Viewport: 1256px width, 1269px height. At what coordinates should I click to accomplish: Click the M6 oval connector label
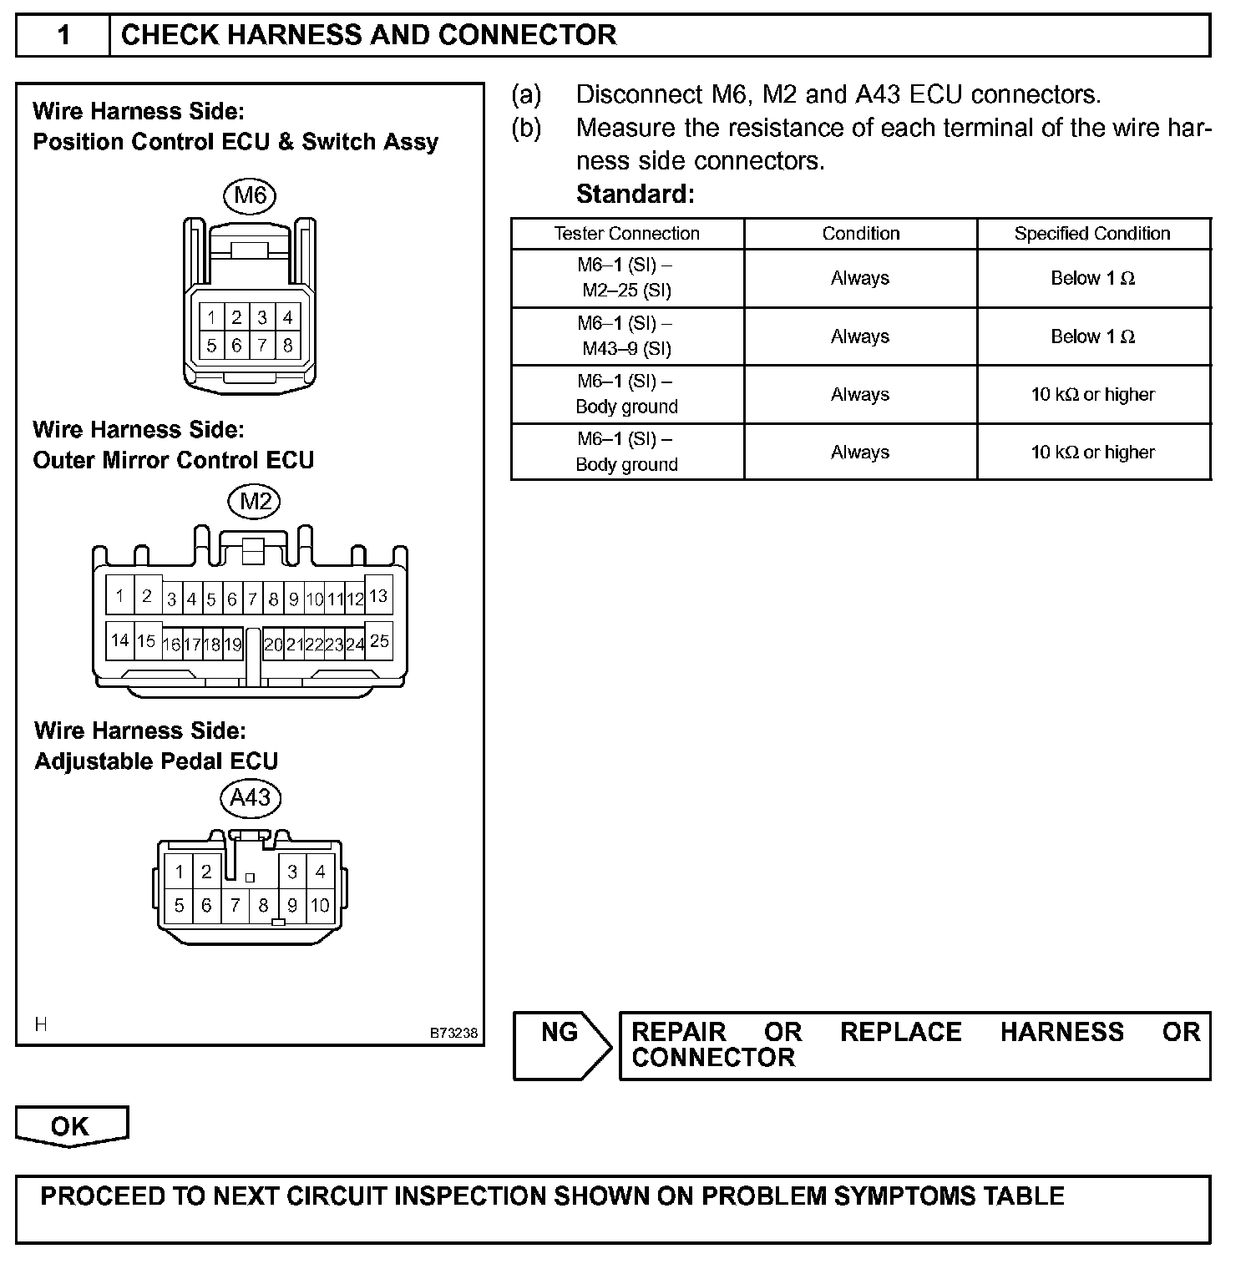[x=250, y=195]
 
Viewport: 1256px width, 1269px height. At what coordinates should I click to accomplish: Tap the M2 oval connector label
[x=256, y=501]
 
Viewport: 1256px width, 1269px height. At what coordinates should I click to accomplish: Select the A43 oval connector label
[x=250, y=797]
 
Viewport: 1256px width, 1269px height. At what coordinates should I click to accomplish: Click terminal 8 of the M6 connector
[x=288, y=345]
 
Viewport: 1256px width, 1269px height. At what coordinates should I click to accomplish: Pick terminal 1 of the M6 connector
[x=212, y=317]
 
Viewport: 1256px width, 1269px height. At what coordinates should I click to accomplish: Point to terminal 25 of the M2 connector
[x=379, y=640]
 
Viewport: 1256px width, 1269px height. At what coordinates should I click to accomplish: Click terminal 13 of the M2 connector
[x=378, y=596]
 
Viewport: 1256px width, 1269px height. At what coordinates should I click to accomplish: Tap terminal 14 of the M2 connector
[x=120, y=640]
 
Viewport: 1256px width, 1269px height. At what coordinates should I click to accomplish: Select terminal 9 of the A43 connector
[x=292, y=905]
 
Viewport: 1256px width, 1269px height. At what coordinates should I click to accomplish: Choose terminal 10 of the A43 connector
[x=320, y=905]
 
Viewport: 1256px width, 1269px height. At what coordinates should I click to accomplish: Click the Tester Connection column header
[x=626, y=234]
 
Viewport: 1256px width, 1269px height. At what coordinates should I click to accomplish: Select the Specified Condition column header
[x=1092, y=234]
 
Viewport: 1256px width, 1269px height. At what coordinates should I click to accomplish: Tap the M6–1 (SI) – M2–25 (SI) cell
[x=626, y=278]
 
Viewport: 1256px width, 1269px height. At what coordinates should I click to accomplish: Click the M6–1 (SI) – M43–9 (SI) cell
[x=626, y=336]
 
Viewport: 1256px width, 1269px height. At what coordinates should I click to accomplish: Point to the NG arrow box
[x=562, y=1045]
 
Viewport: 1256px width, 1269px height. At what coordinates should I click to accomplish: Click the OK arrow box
[x=71, y=1126]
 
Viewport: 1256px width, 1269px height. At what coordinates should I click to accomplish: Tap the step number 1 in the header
[x=63, y=35]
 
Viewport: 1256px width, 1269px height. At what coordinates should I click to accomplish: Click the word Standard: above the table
[x=635, y=195]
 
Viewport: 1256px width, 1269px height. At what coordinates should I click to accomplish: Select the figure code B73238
[x=453, y=1033]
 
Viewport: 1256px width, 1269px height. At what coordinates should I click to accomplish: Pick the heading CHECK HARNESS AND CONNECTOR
[x=368, y=35]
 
